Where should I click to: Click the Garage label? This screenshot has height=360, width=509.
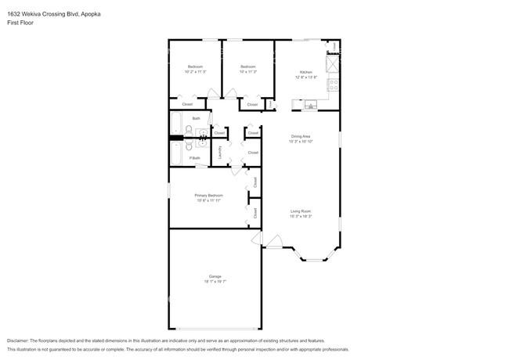(x=215, y=276)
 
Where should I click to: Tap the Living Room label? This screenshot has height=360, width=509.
(x=301, y=211)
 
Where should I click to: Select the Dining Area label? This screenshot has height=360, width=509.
(x=301, y=137)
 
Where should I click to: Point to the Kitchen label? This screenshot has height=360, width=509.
(x=305, y=71)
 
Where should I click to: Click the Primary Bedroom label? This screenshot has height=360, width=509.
(x=209, y=195)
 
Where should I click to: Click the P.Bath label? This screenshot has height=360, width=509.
(x=195, y=158)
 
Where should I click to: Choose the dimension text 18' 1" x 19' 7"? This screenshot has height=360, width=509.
(x=215, y=282)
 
